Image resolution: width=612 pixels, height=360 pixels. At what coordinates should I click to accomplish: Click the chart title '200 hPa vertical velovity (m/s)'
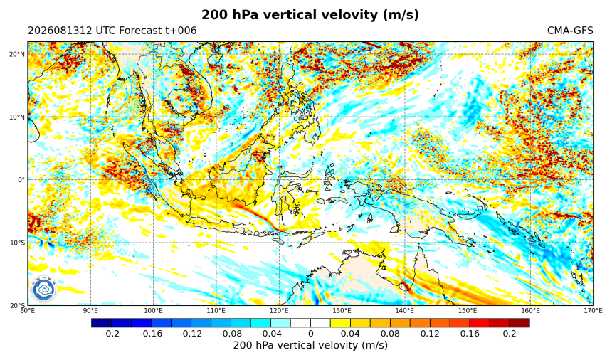click(310, 15)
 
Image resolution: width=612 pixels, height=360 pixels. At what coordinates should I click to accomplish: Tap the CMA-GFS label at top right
click(570, 31)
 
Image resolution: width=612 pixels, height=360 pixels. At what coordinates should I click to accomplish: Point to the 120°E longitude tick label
click(279, 311)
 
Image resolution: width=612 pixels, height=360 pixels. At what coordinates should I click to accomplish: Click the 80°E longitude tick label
click(27, 311)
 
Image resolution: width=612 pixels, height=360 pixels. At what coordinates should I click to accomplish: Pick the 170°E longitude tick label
click(593, 311)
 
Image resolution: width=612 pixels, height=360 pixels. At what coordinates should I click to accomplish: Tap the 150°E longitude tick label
click(468, 311)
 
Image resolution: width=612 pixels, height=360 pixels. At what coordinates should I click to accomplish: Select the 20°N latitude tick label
click(17, 54)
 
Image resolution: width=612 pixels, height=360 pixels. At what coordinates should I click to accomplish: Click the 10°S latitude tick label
click(17, 243)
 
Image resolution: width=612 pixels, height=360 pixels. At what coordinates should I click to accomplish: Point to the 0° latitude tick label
click(21, 180)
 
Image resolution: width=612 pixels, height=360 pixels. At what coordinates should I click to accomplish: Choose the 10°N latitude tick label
click(17, 117)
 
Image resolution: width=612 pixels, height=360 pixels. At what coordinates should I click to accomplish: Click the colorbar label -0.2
click(111, 334)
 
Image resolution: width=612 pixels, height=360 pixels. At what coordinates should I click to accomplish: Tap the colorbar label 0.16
click(470, 334)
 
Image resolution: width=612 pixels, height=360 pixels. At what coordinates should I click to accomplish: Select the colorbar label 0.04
click(351, 334)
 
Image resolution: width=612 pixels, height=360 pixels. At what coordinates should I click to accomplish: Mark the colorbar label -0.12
click(191, 334)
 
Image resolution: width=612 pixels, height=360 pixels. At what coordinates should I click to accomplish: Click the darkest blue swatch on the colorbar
click(102, 323)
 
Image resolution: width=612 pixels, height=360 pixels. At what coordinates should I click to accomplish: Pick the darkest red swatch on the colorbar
click(519, 323)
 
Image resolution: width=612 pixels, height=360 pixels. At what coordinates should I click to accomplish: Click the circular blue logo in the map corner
click(43, 290)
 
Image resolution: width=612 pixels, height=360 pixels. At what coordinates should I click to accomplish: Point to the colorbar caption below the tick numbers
click(310, 346)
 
